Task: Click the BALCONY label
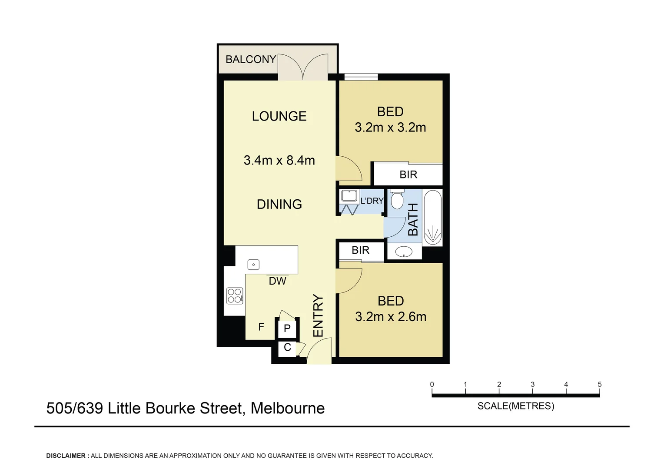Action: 251,59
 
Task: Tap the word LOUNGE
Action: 279,116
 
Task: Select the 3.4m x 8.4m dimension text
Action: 279,160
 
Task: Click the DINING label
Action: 279,204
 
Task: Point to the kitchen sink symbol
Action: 253,264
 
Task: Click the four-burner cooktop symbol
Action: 235,296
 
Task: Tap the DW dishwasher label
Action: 277,281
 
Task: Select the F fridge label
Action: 261,327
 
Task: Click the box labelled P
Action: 287,329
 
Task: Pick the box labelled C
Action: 287,348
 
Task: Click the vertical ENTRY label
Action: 318,316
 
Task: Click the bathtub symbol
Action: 432,218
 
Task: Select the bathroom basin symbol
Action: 405,252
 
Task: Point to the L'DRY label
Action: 372,201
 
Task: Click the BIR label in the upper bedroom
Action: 408,175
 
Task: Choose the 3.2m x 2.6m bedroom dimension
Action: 391,316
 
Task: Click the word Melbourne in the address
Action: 288,408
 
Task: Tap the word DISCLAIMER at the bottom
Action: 66,456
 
